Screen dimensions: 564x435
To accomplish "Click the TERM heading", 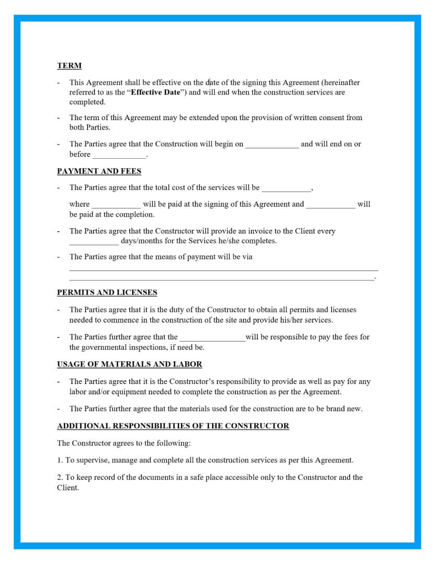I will point(69,66).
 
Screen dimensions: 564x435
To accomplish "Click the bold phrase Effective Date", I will point(155,92).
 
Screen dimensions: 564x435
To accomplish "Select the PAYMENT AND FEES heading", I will point(99,171).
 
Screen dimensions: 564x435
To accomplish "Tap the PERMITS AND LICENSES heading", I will point(107,292).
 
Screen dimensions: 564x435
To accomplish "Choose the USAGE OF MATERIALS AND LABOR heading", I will point(129,364).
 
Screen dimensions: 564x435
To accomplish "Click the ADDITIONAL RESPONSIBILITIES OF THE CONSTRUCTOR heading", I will point(173,426).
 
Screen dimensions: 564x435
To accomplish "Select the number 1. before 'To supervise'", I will point(60,460).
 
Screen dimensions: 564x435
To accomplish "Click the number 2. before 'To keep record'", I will point(60,477).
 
